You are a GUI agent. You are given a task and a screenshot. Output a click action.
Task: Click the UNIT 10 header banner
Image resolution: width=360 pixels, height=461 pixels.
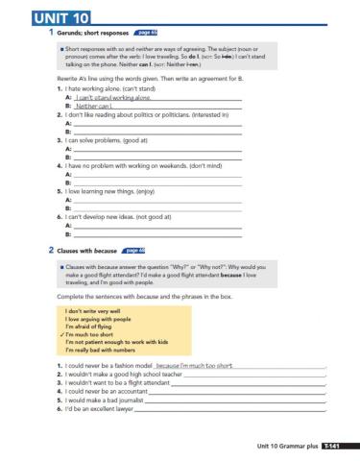(x=45, y=17)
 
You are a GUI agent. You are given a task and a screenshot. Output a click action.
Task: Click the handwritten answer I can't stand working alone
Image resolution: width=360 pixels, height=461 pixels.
(x=113, y=98)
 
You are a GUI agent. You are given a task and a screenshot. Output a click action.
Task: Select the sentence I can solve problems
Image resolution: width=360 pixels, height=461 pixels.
(x=91, y=140)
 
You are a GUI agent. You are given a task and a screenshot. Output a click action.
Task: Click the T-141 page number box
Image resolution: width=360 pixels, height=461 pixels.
(x=331, y=446)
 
